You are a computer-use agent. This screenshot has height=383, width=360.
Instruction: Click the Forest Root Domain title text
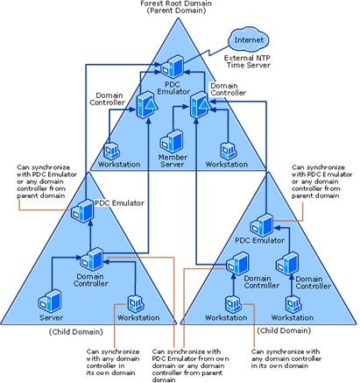coord(180,5)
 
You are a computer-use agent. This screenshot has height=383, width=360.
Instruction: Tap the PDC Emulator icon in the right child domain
coord(261,223)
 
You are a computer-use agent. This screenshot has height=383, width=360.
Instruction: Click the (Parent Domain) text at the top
coord(180,15)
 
